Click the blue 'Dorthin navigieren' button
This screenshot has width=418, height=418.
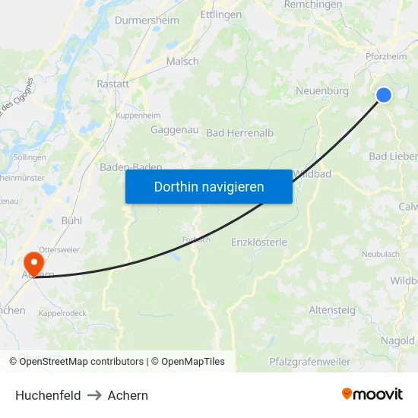pos(209,186)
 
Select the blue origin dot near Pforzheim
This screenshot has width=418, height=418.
pos(384,94)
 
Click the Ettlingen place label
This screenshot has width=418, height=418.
pos(220,14)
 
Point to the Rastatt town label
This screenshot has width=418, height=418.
pos(112,84)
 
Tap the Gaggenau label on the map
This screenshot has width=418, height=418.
pos(175,130)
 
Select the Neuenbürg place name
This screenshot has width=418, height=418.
pos(321,91)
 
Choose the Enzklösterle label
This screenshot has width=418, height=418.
pos(259,242)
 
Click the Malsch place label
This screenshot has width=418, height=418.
pos(182,62)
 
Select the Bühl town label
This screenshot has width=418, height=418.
pos(71,220)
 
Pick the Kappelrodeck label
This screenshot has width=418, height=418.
pos(62,312)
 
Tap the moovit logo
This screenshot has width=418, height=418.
pos(372,394)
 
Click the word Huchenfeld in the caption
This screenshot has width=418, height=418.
pos(48,395)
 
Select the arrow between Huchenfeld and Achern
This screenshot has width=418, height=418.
pos(94,395)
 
